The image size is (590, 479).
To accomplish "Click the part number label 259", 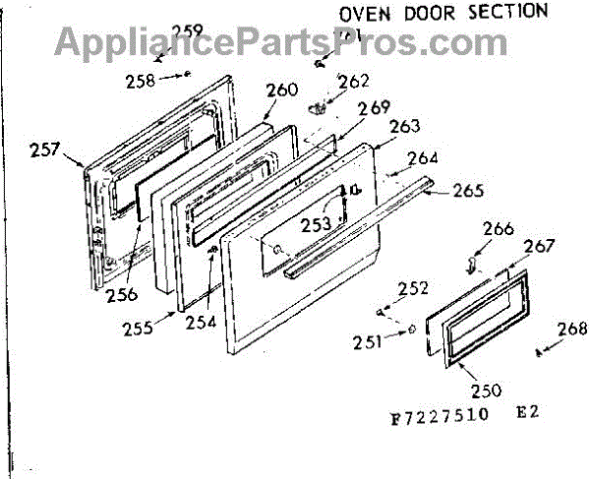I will click(186, 30).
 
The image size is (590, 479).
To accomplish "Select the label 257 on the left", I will click(45, 151).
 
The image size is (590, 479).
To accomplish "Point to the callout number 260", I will click(281, 90).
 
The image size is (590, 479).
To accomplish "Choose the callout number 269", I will click(374, 108).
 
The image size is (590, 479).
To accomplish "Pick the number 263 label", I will click(405, 127).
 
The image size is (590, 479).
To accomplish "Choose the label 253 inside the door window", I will click(317, 223).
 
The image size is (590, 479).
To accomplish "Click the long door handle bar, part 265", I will click(374, 222).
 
